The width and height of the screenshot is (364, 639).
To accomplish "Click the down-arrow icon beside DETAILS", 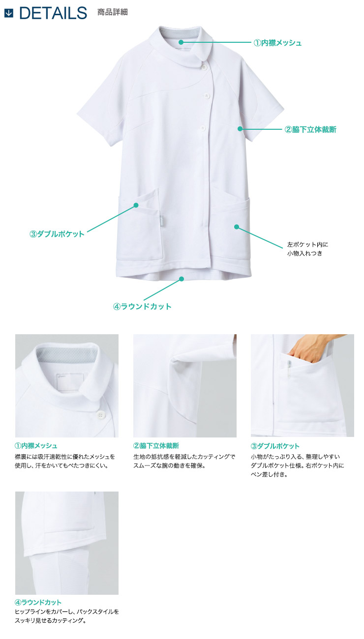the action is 9,13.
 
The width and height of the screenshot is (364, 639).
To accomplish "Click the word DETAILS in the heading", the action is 53,13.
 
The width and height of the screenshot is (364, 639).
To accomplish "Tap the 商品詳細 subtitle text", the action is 113,12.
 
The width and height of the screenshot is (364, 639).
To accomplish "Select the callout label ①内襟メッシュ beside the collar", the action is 277,43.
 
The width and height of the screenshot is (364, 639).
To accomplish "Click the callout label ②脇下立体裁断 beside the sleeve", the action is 310,129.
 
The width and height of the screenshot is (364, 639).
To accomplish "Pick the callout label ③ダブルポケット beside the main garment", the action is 57,234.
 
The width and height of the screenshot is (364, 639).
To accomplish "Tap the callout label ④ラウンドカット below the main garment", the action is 142,306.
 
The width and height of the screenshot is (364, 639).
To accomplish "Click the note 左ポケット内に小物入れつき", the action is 307,249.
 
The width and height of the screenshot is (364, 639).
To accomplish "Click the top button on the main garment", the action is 204,67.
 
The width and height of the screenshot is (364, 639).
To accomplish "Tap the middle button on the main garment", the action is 207,95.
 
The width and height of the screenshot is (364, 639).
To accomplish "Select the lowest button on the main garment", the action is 203,128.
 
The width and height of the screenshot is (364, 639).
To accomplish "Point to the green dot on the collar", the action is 181,42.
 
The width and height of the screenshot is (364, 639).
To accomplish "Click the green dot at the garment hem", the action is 182,279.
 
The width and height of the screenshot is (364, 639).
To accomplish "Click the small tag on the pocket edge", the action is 161,221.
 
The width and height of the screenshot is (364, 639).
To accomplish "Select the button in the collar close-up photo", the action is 100,415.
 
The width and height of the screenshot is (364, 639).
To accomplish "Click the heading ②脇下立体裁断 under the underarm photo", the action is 156,446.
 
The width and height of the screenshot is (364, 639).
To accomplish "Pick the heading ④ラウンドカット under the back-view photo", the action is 38,602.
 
